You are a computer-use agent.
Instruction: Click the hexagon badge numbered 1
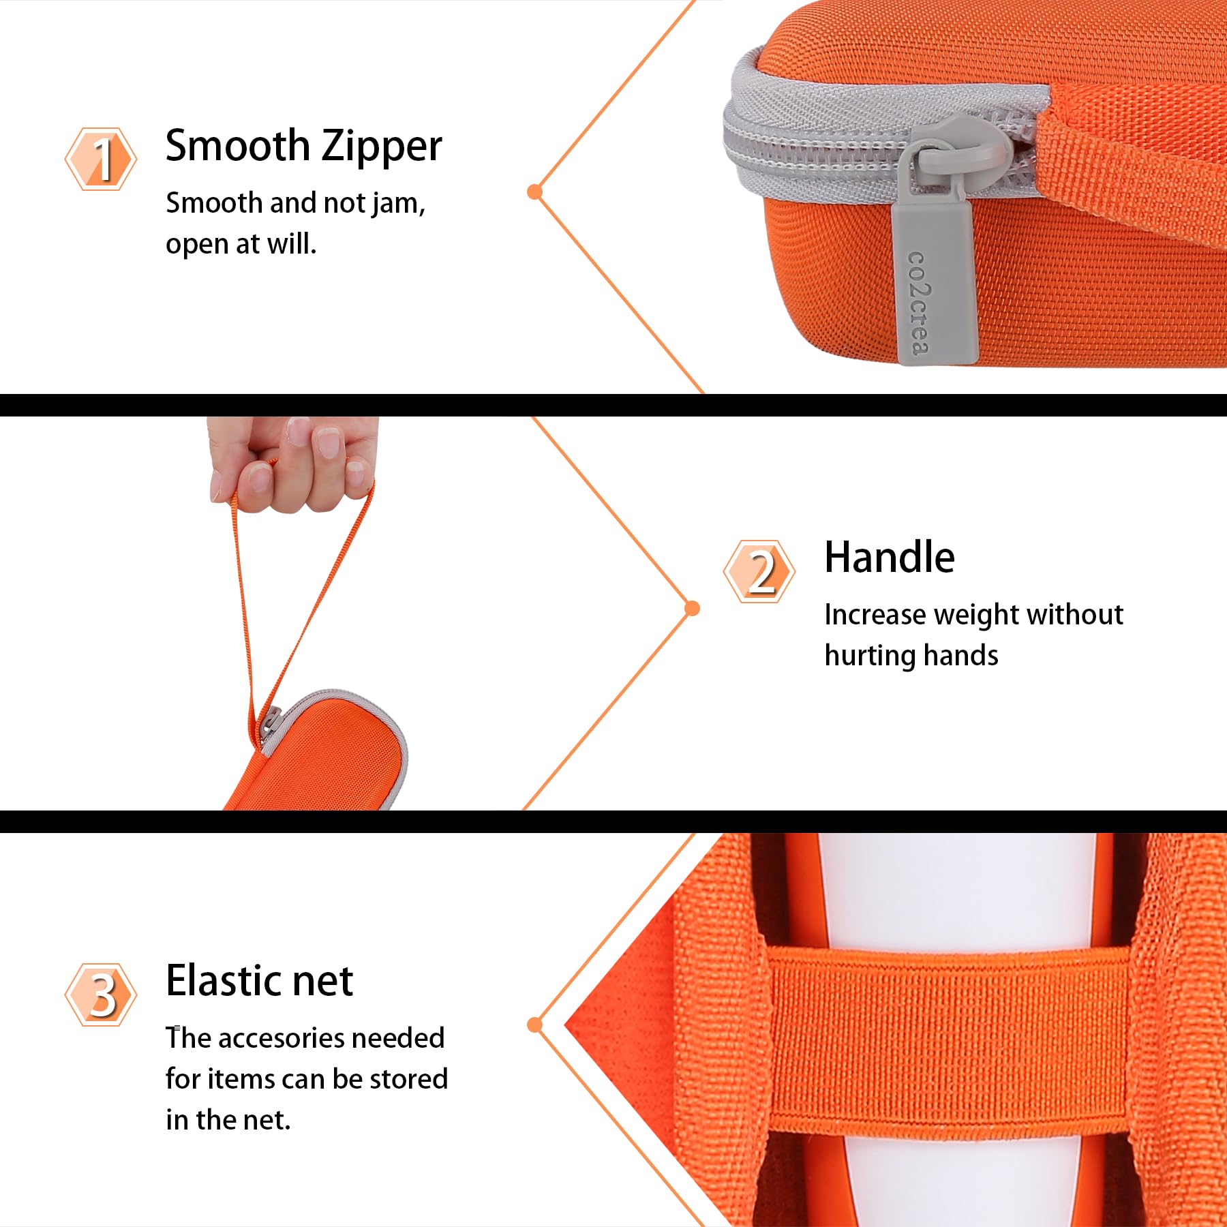(x=101, y=159)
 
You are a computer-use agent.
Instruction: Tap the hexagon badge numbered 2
(x=759, y=571)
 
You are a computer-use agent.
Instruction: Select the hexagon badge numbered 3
(x=101, y=995)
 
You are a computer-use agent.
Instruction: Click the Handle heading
(x=890, y=557)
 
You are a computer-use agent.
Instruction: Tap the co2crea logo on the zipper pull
(x=919, y=303)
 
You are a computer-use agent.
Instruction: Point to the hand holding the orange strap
(x=293, y=464)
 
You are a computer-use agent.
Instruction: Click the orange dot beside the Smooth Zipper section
(x=535, y=192)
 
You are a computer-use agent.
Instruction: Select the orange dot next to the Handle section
(x=692, y=608)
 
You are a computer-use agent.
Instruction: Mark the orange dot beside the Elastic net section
(x=535, y=1025)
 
